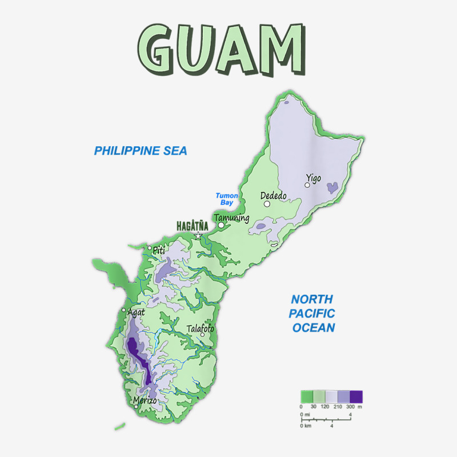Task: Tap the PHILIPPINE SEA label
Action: click(x=141, y=151)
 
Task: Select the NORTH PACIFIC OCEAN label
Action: click(x=312, y=313)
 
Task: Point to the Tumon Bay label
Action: click(x=227, y=199)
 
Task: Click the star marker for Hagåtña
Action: click(x=198, y=235)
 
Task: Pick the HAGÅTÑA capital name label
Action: click(x=192, y=226)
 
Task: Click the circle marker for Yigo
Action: click(x=307, y=185)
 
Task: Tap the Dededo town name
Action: click(x=274, y=195)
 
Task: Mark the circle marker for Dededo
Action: click(x=267, y=203)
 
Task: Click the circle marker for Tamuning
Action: click(x=221, y=225)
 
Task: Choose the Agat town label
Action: click(x=136, y=312)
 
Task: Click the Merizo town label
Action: click(x=145, y=400)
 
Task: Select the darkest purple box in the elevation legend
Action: click(x=356, y=396)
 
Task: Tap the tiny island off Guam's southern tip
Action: click(x=119, y=426)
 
